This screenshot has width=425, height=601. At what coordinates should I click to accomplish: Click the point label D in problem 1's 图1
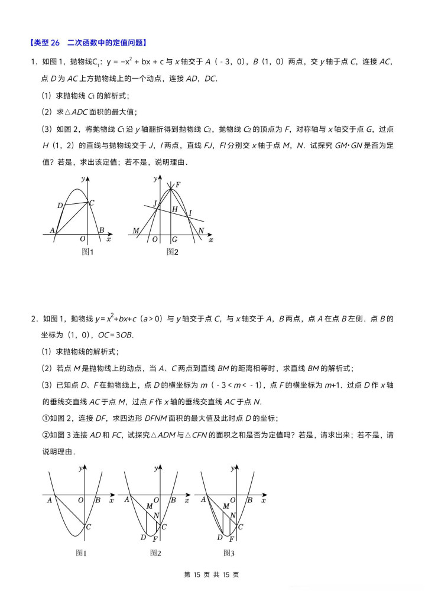pos(60,205)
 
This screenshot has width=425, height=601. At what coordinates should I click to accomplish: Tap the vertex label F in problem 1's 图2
pos(177,185)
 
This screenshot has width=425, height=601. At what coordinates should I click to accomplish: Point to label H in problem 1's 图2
pos(174,209)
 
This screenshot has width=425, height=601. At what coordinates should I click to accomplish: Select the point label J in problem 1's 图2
pos(155,203)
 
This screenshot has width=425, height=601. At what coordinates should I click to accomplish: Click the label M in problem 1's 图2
pos(135,230)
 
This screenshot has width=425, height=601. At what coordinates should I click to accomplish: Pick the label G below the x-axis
pos(174,239)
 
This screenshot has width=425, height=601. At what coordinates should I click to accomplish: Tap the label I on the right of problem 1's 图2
pos(190,213)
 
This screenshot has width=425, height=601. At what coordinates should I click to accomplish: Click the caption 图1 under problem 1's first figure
pos(87,252)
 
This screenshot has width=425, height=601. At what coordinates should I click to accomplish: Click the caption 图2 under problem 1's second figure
pos(172,252)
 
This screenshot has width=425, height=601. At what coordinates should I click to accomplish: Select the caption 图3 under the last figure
pos(229,553)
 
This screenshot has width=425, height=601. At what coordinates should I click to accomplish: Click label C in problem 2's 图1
pos(89,527)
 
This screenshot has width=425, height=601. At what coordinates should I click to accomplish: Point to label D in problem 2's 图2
pos(143,537)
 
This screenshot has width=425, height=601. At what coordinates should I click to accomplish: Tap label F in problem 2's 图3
pos(232,540)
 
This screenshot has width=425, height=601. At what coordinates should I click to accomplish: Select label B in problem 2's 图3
pos(249,500)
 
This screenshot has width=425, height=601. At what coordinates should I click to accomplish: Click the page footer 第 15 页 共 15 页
pos(212,574)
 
